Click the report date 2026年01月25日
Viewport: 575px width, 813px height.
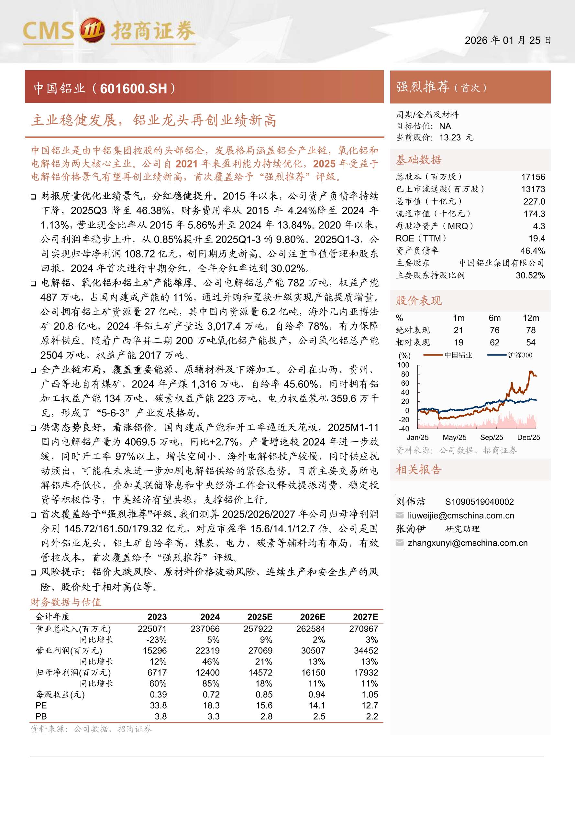(x=507, y=40)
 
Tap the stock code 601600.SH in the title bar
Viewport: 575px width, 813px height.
(x=134, y=89)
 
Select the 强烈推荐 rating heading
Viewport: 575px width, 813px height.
(x=422, y=87)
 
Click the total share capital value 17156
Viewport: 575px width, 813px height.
(x=533, y=177)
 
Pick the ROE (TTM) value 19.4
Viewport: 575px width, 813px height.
(x=537, y=238)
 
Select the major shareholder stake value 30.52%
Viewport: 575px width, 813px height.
(x=530, y=275)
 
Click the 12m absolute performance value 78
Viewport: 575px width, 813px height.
(x=530, y=330)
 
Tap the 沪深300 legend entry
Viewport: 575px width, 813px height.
(x=520, y=355)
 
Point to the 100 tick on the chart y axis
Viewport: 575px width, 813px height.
(x=403, y=365)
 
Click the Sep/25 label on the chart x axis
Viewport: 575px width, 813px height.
(x=492, y=437)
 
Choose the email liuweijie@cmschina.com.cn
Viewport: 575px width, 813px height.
(x=460, y=515)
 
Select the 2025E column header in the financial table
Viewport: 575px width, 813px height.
(x=260, y=617)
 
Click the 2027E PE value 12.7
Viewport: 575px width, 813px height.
(x=370, y=705)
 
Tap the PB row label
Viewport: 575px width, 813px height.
(x=41, y=716)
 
